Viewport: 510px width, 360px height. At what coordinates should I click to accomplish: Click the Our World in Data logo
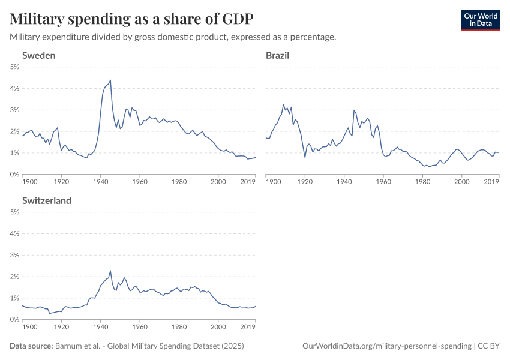pyautogui.click(x=480, y=20)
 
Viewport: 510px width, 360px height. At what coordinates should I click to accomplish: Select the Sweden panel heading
pyautogui.click(x=39, y=55)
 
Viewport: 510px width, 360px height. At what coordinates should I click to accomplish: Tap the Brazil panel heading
pyautogui.click(x=277, y=55)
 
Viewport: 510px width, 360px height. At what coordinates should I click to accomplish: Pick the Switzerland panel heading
pyautogui.click(x=47, y=200)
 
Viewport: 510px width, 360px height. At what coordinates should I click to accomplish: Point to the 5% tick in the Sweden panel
pyautogui.click(x=14, y=67)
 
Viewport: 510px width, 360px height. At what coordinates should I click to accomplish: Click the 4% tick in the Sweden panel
pyautogui.click(x=14, y=88)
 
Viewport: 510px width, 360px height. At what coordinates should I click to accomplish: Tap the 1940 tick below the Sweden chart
pyautogui.click(x=101, y=181)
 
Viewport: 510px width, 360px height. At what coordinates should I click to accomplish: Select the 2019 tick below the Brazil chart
pyautogui.click(x=491, y=181)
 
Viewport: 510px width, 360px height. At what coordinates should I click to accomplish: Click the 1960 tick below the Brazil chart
pyautogui.click(x=383, y=181)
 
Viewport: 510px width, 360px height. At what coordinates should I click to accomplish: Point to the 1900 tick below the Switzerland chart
pyautogui.click(x=29, y=326)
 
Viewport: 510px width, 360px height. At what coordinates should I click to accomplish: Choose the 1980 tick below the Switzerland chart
pyautogui.click(x=179, y=326)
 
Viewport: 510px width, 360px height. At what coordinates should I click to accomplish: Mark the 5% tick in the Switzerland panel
pyautogui.click(x=14, y=212)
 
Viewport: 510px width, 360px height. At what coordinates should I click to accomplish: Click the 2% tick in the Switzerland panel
pyautogui.click(x=14, y=277)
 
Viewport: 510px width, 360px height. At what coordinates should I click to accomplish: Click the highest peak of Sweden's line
pyautogui.click(x=110, y=80)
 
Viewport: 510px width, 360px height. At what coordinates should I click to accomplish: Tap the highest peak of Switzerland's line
pyautogui.click(x=110, y=271)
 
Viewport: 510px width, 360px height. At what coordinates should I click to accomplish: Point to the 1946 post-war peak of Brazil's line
pyautogui.click(x=354, y=110)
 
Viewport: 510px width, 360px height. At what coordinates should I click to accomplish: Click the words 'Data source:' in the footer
pyautogui.click(x=31, y=346)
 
